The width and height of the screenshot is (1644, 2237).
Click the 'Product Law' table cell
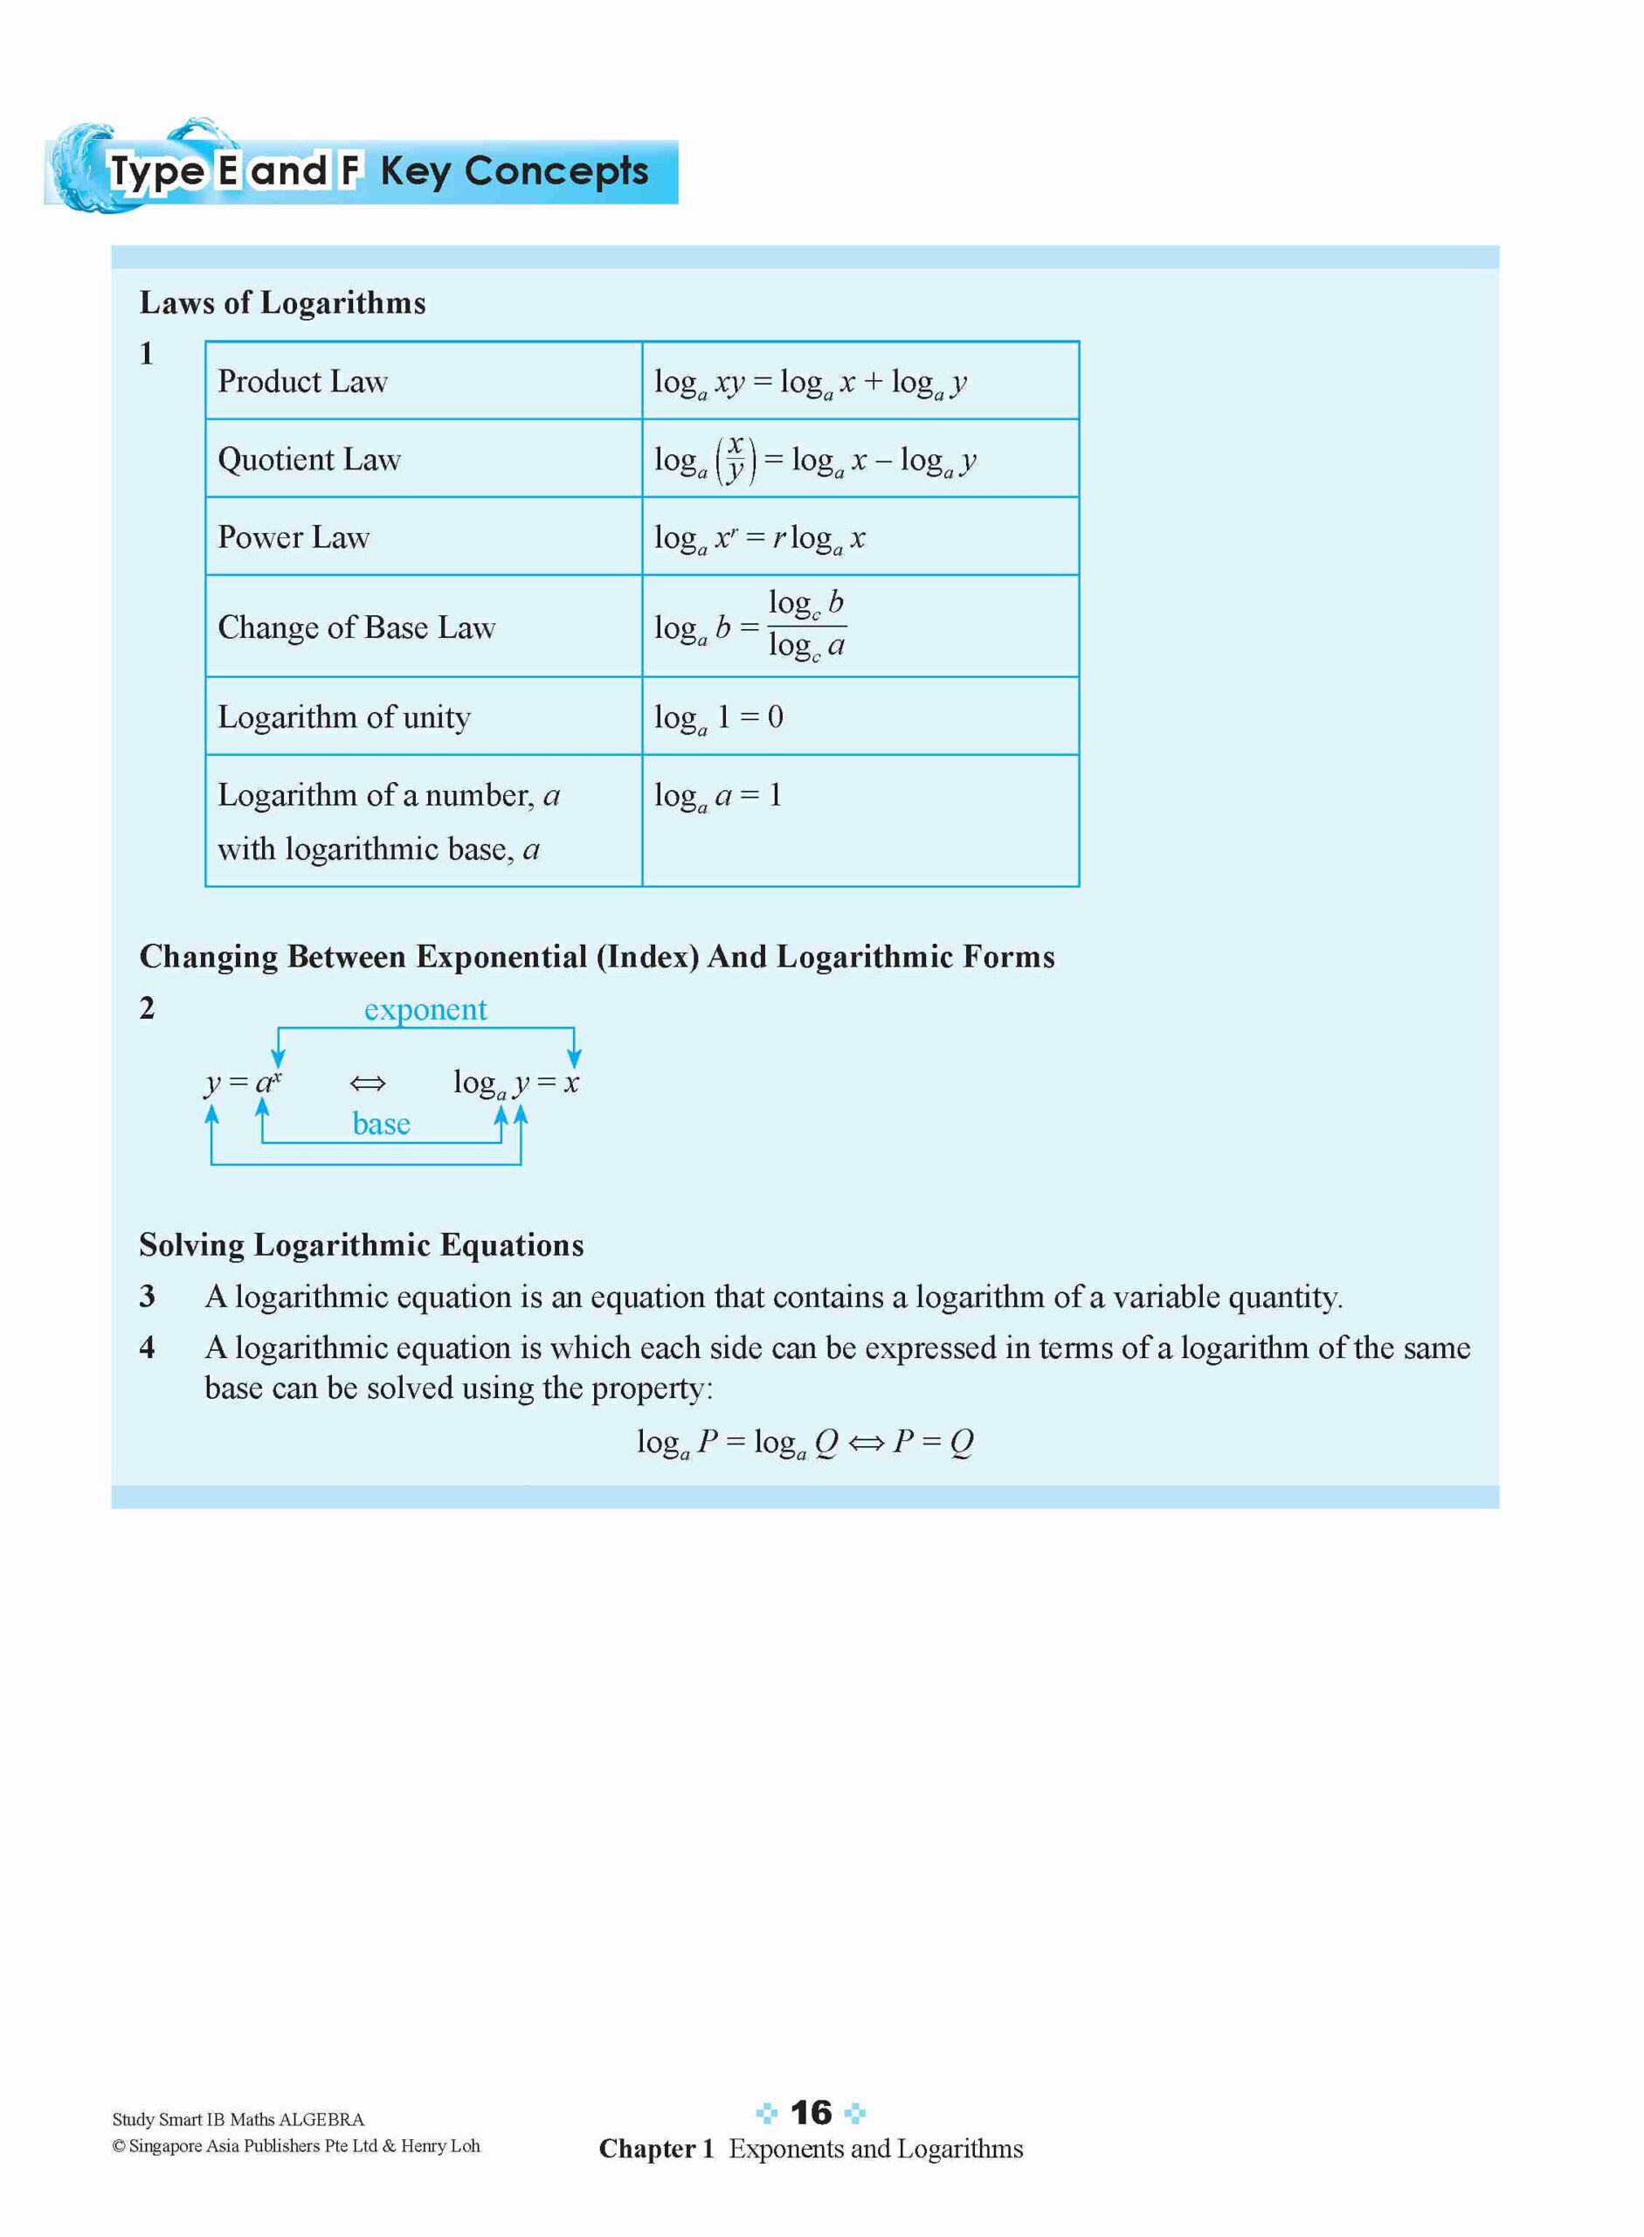(x=302, y=381)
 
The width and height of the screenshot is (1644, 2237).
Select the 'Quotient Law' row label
(x=308, y=459)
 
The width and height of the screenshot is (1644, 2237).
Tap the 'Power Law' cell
(x=294, y=537)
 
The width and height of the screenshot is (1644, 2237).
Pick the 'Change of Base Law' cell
(x=356, y=627)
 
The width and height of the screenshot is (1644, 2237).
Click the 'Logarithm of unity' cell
(x=343, y=717)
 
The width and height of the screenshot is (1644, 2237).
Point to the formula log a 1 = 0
(x=719, y=717)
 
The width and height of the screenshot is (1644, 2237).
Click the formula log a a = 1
(x=719, y=795)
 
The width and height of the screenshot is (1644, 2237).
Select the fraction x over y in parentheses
(x=736, y=458)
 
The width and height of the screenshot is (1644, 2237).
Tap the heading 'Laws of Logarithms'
(x=283, y=302)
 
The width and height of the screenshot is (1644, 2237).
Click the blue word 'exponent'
(x=425, y=1009)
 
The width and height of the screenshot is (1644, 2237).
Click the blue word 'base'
(x=381, y=1124)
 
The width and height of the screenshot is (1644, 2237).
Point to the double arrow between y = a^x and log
(x=369, y=1084)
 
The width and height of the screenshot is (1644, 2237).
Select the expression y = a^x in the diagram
(x=244, y=1082)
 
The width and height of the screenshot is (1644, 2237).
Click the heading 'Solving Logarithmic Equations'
(x=362, y=1244)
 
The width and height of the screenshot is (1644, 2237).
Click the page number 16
(x=810, y=2113)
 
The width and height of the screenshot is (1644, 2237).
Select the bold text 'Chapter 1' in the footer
(x=656, y=2149)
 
